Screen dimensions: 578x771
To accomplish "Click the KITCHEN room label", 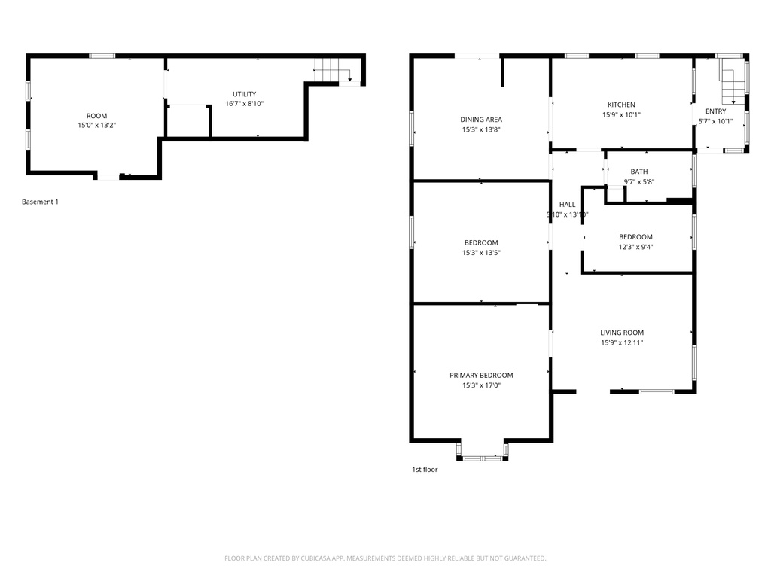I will click(x=621, y=105).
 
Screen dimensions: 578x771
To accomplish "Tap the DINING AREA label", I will click(x=481, y=119).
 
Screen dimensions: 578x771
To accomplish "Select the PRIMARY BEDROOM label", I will click(x=481, y=375).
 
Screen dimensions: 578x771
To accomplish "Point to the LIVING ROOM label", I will click(x=621, y=333).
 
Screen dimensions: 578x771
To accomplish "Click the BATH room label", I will click(x=638, y=172).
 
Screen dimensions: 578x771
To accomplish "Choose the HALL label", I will click(x=567, y=205).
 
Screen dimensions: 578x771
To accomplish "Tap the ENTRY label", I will click(x=715, y=111).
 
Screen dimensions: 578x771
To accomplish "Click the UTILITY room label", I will click(x=244, y=94).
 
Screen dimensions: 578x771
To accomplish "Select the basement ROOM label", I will click(x=96, y=116).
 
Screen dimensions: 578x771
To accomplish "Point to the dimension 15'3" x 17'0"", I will click(x=481, y=385).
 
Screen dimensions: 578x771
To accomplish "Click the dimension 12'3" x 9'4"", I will click(x=635, y=247).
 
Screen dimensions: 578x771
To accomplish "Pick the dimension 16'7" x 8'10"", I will click(x=244, y=104).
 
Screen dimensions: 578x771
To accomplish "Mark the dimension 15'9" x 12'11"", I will click(x=621, y=342).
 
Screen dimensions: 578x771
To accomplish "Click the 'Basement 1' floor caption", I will click(x=40, y=202).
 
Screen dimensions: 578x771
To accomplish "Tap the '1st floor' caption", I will click(x=424, y=470).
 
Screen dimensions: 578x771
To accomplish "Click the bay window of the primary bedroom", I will click(x=482, y=452).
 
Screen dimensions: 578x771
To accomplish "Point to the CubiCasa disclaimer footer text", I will click(x=385, y=558).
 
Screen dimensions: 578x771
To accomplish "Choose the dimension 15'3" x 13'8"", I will click(x=481, y=129).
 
